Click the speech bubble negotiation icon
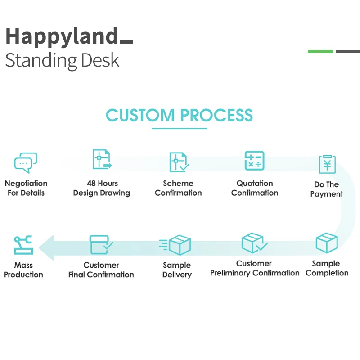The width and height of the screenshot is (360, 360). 26,162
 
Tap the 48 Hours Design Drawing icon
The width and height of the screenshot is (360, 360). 102,159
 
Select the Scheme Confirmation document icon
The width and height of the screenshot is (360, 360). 179,162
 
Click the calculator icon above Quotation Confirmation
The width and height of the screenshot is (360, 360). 254,161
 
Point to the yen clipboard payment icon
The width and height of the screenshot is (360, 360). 328,164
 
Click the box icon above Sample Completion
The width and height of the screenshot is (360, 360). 327,243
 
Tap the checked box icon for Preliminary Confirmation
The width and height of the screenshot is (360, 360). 254,243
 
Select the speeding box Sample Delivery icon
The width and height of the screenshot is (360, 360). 175,245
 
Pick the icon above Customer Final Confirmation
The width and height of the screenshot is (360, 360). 101,244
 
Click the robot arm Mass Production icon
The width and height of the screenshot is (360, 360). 23,245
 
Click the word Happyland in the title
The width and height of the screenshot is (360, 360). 62,37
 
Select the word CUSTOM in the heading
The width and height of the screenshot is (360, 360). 140,115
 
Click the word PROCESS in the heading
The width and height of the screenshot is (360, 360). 216,115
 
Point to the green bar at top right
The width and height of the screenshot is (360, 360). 320,51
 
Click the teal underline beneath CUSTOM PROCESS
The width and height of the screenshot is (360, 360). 180,128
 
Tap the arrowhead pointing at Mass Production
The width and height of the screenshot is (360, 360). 47,248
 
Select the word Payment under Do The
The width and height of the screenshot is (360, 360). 327,194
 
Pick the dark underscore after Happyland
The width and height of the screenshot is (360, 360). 126,42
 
